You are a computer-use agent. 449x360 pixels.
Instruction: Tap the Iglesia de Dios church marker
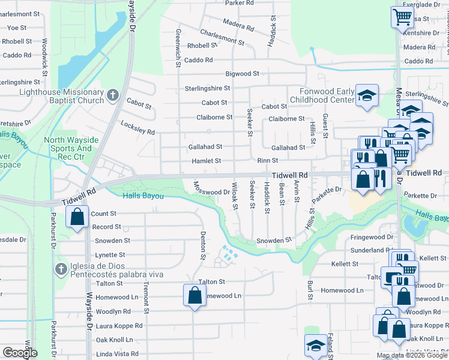[x=61, y=269]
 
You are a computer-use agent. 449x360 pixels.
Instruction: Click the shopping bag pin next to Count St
[x=77, y=217]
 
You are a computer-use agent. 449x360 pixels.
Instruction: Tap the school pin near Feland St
[x=316, y=346]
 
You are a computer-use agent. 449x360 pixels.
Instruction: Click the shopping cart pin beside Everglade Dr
[x=403, y=17]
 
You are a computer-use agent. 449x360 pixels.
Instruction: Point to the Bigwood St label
[x=242, y=74]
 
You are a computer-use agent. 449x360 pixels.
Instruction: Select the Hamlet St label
[x=206, y=161]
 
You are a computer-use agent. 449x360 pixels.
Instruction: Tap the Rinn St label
[x=267, y=161]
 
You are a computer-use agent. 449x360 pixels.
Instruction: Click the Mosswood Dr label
[x=212, y=191]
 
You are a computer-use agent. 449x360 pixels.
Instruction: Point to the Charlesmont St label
[x=222, y=37]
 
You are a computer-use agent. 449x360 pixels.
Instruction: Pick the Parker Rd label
[x=239, y=3]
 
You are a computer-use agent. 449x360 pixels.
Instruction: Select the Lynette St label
[x=109, y=255]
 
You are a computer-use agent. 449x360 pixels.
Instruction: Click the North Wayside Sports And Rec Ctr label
[x=68, y=145]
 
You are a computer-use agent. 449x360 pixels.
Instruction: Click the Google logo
[x=19, y=353]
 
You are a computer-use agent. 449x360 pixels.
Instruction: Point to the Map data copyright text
[x=411, y=355]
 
